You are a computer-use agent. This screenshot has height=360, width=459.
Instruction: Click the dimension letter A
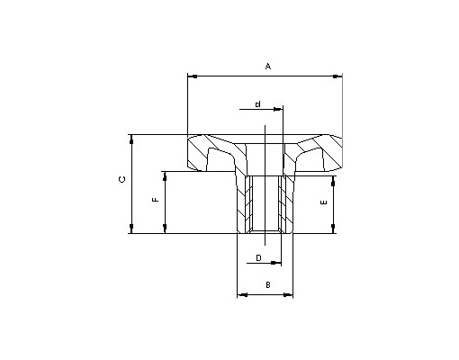pyautogui.click(x=268, y=66)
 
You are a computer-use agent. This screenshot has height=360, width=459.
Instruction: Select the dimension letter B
pyautogui.click(x=268, y=284)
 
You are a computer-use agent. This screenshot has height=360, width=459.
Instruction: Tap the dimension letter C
pyautogui.click(x=122, y=180)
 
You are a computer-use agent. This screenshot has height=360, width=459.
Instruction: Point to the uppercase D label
pyautogui.click(x=258, y=257)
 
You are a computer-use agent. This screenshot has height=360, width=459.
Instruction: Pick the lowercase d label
pyautogui.click(x=257, y=104)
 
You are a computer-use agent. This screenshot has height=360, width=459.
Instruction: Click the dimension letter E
pyautogui.click(x=324, y=202)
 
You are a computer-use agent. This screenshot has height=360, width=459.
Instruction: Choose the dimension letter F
pyautogui.click(x=156, y=200)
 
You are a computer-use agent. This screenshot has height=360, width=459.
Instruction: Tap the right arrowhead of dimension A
pyautogui.click(x=337, y=76)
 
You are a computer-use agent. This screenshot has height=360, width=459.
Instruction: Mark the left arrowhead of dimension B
pyautogui.click(x=242, y=295)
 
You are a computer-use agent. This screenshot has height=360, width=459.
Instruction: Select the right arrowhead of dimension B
pyautogui.click(x=288, y=295)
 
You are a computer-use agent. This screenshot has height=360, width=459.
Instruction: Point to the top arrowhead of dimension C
pyautogui.click(x=131, y=139)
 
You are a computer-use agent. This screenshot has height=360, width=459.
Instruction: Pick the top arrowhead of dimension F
pyautogui.click(x=165, y=176)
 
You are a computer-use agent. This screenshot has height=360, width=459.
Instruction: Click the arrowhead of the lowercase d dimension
pyautogui.click(x=278, y=109)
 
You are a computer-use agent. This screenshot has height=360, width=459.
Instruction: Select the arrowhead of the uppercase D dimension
pyautogui.click(x=275, y=263)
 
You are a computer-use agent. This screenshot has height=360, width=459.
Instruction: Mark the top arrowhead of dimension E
pyautogui.click(x=333, y=181)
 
